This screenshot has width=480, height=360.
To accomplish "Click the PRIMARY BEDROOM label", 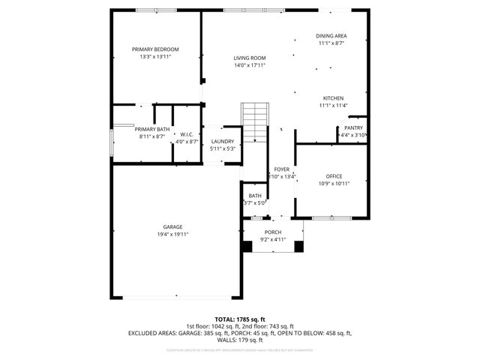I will tap(155, 49).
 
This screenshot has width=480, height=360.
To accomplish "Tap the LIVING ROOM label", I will tap(250, 58).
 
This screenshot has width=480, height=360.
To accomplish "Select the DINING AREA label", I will tap(331, 36).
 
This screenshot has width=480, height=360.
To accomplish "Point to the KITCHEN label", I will tap(333, 98).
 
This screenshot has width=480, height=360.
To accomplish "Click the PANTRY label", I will tap(353, 127).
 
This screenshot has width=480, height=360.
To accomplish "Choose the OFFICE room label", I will tap(334, 176).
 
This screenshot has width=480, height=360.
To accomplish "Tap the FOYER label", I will tap(281, 169).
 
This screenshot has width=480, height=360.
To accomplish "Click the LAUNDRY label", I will tap(222, 141).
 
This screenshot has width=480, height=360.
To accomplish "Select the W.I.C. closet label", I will tap(187, 134).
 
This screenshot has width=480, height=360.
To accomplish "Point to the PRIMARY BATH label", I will tap(152, 129).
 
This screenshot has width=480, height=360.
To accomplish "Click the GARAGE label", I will tap(172, 226).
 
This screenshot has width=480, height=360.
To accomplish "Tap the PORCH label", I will tap(273, 232).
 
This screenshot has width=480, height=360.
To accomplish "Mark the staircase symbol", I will tap(254, 121).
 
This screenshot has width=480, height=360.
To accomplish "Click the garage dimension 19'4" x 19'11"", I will tap(172, 235).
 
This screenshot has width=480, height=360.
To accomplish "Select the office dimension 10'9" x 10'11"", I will tap(334, 184).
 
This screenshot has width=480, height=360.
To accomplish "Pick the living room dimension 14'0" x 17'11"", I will tap(250, 65).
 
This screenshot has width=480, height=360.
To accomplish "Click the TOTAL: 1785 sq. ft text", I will tap(240, 319).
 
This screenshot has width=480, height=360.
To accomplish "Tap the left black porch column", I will tap(248, 245).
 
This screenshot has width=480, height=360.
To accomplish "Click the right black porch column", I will tap(298, 245).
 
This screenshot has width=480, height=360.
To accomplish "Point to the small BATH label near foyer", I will tap(255, 196).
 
